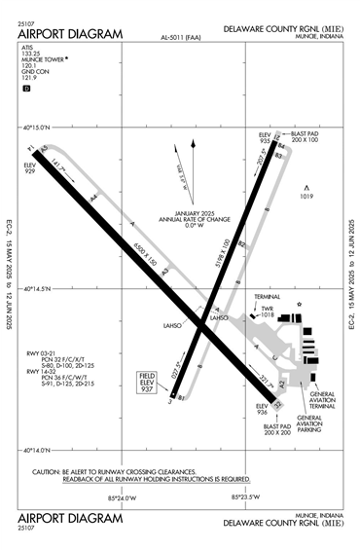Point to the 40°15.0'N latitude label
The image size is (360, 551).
pyautogui.click(x=40, y=128)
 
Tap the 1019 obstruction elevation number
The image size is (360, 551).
pyautogui.click(x=306, y=198)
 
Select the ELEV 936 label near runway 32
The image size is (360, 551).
pyautogui.click(x=261, y=410)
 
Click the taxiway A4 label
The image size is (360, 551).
pyautogui.click(x=94, y=198)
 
